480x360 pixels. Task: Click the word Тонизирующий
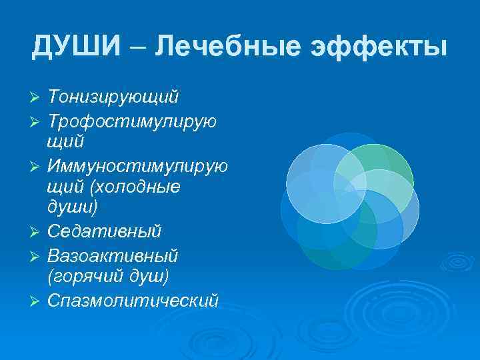(113, 97)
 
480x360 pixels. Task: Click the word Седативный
(105, 231)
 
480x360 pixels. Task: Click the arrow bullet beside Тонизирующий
(36, 99)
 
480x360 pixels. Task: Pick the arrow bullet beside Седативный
(36, 233)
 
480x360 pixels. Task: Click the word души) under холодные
(73, 207)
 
